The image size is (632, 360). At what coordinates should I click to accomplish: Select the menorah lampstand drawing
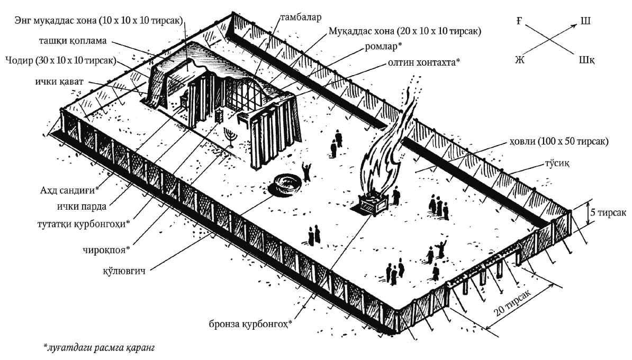(231, 137)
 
